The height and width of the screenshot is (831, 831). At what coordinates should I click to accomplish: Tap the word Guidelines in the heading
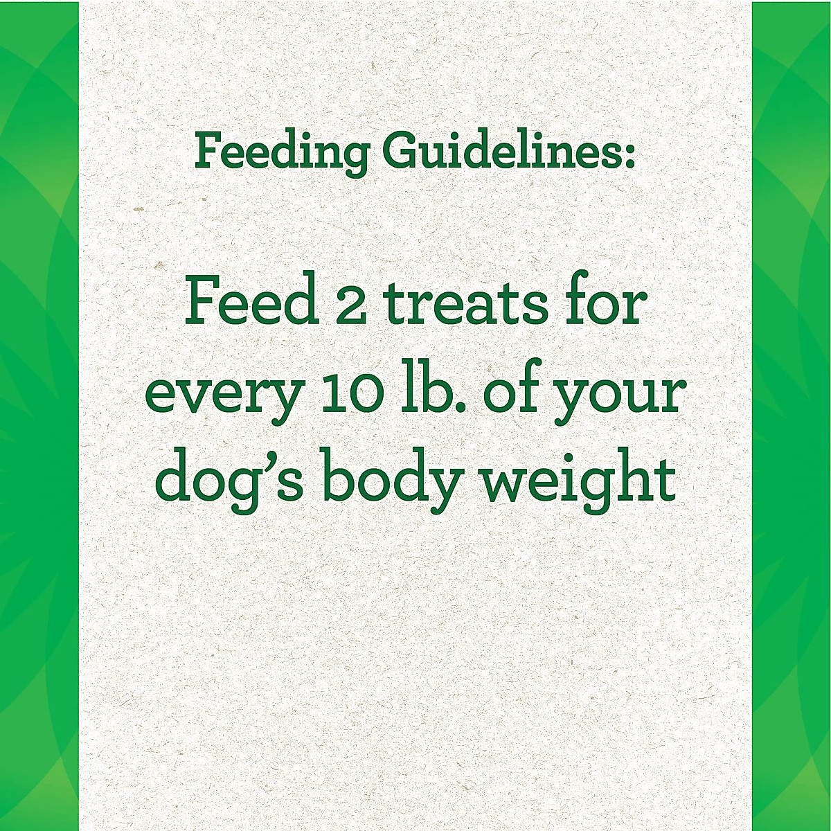coord(500,152)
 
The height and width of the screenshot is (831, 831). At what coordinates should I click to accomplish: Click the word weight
coord(579,480)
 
